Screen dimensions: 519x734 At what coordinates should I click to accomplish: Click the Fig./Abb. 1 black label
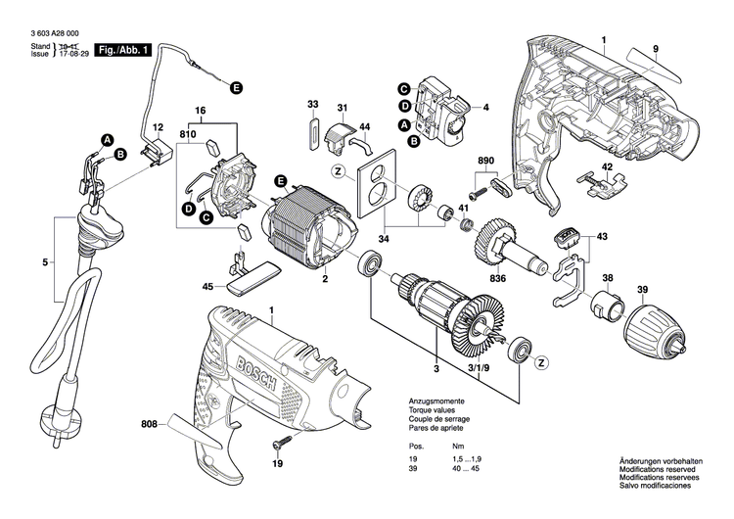pyautogui.click(x=122, y=49)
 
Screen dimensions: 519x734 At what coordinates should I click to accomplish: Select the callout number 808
pyautogui.click(x=148, y=424)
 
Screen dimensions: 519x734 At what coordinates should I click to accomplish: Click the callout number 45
pyautogui.click(x=207, y=287)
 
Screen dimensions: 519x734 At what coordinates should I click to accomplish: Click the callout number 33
pyautogui.click(x=312, y=105)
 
